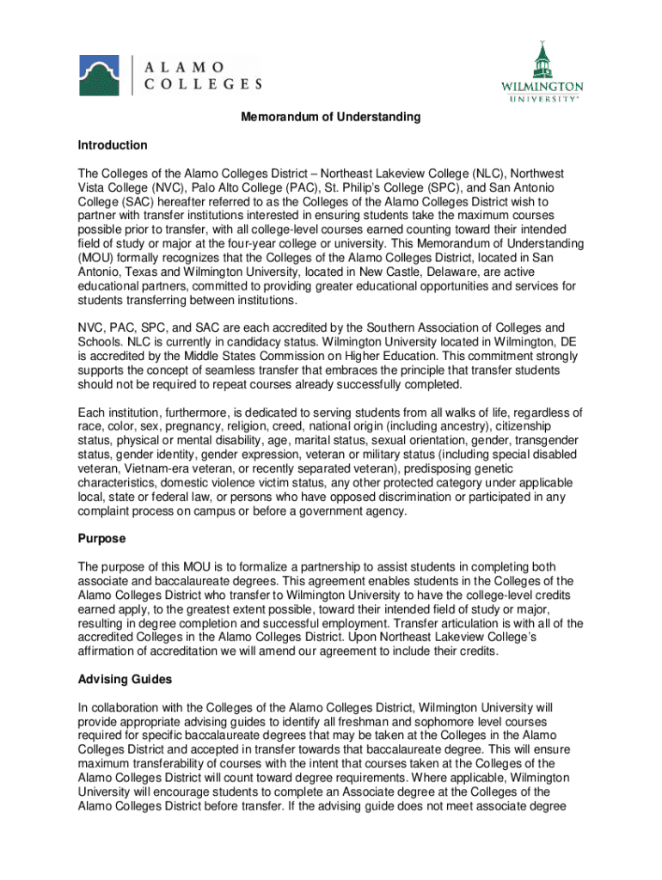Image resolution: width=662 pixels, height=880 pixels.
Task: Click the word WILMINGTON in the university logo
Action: click(542, 87)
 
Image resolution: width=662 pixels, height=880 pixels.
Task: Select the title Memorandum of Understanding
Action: click(330, 117)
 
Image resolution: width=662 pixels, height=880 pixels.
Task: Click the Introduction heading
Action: click(112, 145)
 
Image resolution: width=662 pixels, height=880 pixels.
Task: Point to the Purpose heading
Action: click(101, 539)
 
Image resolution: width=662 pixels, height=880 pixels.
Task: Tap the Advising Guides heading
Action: click(125, 680)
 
